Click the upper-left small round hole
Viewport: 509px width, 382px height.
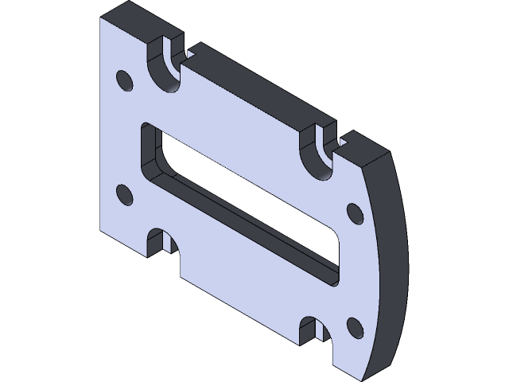[x=124, y=80]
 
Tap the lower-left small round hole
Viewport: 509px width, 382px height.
[x=124, y=194]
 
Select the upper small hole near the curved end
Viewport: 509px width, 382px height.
[x=355, y=213]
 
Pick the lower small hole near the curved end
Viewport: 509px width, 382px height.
[x=355, y=326]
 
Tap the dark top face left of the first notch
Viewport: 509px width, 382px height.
[x=135, y=20]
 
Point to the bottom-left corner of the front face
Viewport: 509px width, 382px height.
[x=101, y=232]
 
